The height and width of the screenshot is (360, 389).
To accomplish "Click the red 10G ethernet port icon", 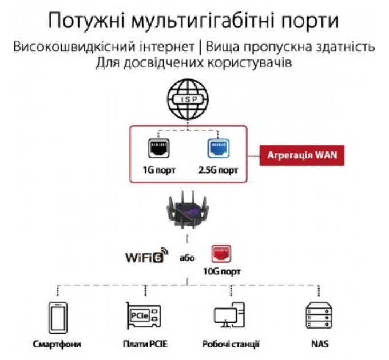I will pos(220,254).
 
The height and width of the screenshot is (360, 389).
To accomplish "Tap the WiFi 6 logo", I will pos(147,257).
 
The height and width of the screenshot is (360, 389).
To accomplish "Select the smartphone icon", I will pos(57,318).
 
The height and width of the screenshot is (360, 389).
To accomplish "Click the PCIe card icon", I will pos(143,318).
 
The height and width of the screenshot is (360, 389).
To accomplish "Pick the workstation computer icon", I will pos(229,318).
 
